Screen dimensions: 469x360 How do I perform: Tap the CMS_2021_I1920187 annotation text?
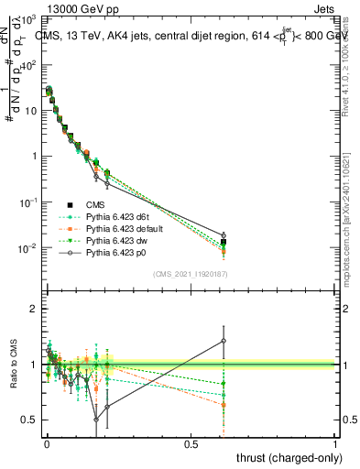coord(191,274)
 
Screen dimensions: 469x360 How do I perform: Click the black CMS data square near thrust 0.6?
coord(224,242)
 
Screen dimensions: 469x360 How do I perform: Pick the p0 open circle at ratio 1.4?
coord(224,341)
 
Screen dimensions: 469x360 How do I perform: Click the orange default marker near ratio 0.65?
coord(224,404)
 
